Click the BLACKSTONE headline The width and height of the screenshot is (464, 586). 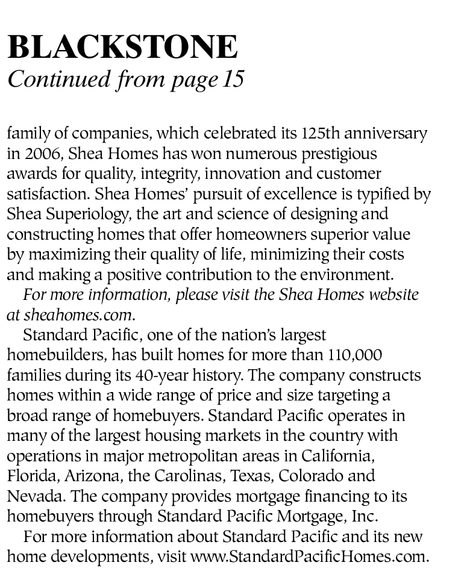tap(122, 46)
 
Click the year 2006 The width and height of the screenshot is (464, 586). tap(37, 154)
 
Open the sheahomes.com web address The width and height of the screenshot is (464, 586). tap(78, 314)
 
